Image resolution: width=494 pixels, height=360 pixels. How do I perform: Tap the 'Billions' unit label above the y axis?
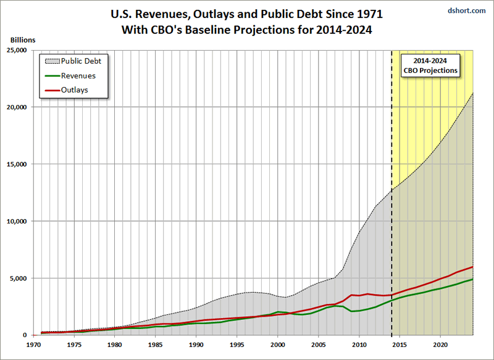click(23, 40)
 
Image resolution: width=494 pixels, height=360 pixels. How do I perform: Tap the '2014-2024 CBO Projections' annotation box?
click(430, 65)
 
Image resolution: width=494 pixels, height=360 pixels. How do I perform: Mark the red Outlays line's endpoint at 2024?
click(473, 267)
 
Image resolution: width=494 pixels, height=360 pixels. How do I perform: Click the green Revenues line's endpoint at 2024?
click(473, 279)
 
